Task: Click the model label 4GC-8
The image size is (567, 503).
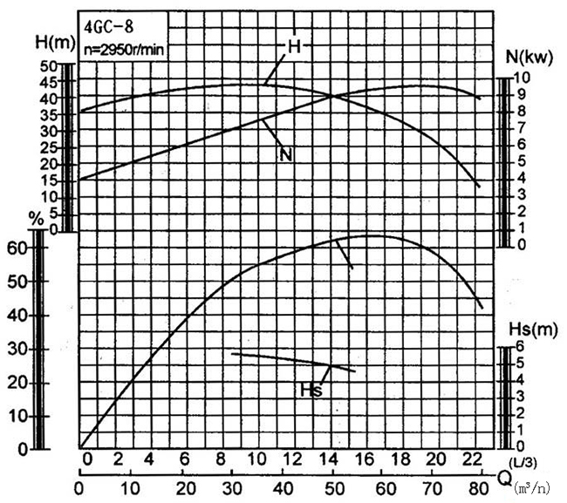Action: (x=109, y=26)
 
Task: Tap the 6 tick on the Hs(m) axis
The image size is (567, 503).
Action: (x=518, y=346)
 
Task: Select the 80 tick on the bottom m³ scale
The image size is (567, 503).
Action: (x=479, y=487)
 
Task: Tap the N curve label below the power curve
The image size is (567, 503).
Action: (x=285, y=155)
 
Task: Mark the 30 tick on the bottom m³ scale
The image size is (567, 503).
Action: (x=232, y=487)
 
